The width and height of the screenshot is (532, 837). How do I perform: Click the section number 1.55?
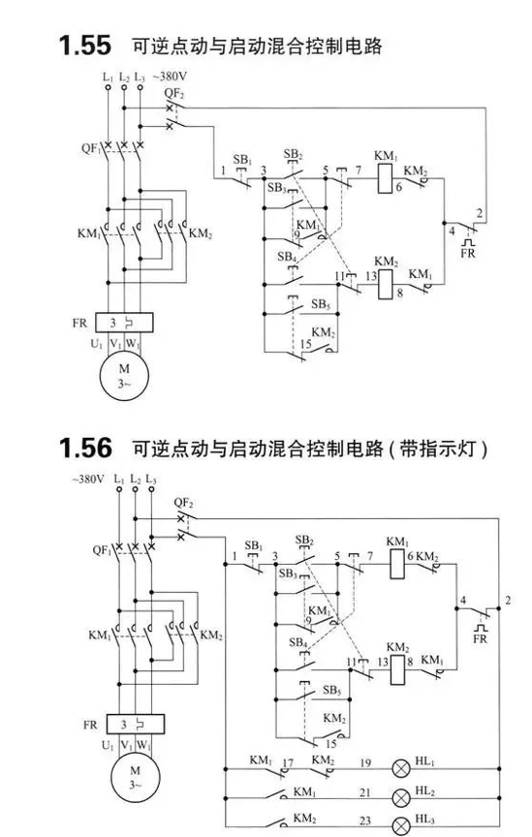click(85, 46)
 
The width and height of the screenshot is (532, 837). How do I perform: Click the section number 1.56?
click(85, 448)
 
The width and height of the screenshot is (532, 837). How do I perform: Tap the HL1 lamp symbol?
click(401, 769)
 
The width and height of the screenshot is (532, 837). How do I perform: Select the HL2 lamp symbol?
click(401, 798)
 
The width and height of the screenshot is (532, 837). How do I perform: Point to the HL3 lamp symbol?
click(401, 826)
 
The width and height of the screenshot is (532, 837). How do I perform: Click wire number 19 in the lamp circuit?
click(365, 762)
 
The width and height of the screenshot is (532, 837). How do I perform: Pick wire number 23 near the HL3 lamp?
click(365, 821)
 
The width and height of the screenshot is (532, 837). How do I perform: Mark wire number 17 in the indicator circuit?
click(288, 762)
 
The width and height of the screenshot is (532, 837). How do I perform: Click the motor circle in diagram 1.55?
click(124, 376)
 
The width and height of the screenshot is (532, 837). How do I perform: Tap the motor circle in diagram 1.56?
click(135, 777)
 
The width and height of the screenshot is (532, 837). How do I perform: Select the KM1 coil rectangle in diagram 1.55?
click(385, 178)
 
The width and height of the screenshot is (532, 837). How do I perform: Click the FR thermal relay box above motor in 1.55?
click(124, 323)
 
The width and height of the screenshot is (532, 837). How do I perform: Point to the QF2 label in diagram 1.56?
click(183, 503)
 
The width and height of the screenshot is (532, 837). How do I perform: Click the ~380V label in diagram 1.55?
click(170, 77)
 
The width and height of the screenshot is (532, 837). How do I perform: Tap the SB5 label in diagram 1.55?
click(321, 304)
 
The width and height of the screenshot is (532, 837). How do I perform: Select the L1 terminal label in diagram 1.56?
click(119, 479)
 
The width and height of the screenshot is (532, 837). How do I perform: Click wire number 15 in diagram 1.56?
click(331, 743)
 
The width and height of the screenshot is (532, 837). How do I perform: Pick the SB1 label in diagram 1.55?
click(242, 160)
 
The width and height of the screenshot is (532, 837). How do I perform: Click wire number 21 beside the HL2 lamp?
click(365, 792)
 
